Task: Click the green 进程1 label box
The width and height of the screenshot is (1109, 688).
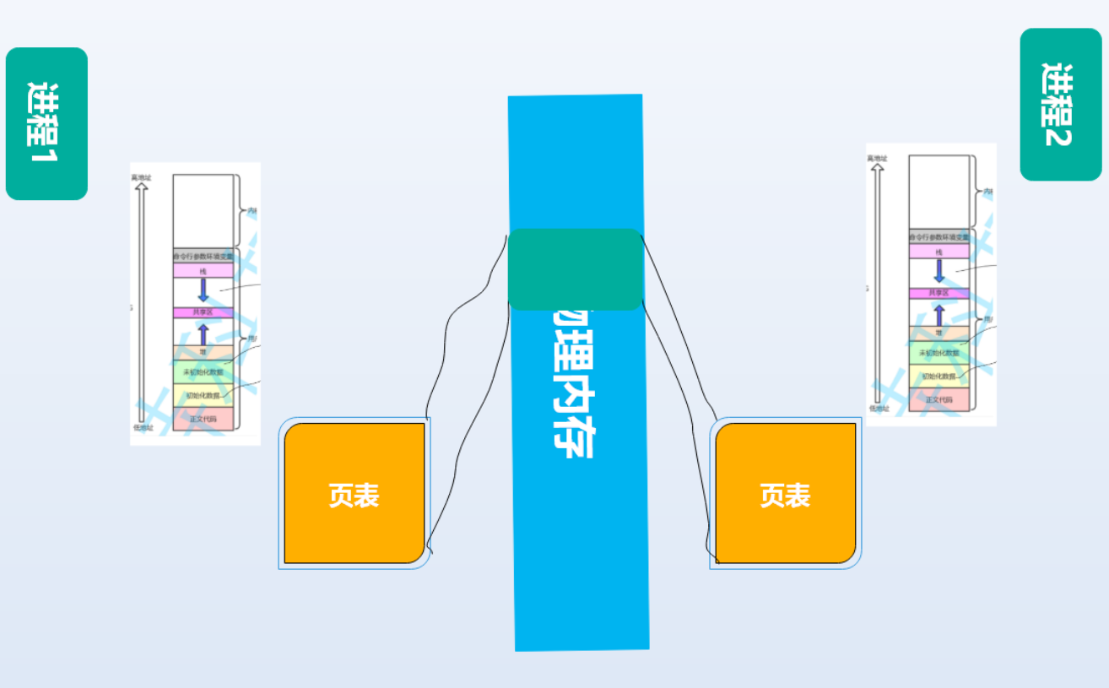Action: click(46, 123)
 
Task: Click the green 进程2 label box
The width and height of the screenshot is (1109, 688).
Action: click(1060, 105)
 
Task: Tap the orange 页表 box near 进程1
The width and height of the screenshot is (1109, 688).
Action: click(354, 494)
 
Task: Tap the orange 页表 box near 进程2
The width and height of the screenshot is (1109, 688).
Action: click(786, 494)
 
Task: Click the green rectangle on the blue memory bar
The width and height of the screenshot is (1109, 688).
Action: click(576, 269)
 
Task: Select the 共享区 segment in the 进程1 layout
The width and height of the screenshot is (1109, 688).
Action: click(203, 312)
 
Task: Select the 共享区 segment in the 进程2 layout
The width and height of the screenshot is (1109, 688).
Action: click(939, 293)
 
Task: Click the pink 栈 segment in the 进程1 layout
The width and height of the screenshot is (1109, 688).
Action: click(203, 270)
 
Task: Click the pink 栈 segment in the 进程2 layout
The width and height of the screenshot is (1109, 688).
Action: click(939, 252)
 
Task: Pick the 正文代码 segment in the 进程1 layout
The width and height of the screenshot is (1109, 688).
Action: click(203, 419)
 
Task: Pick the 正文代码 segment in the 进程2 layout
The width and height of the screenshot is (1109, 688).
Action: click(939, 400)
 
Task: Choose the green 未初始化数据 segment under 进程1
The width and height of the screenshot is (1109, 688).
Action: click(203, 372)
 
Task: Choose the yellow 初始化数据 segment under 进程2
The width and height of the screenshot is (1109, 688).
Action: click(939, 377)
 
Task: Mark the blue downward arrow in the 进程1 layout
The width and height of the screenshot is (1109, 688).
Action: click(203, 290)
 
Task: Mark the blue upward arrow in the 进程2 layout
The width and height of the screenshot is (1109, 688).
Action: click(939, 314)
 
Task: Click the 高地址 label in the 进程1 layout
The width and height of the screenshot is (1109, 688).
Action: click(141, 177)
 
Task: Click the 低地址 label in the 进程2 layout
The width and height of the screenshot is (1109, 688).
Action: click(878, 408)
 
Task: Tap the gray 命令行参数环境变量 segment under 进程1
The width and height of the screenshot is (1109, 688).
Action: click(203, 255)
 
